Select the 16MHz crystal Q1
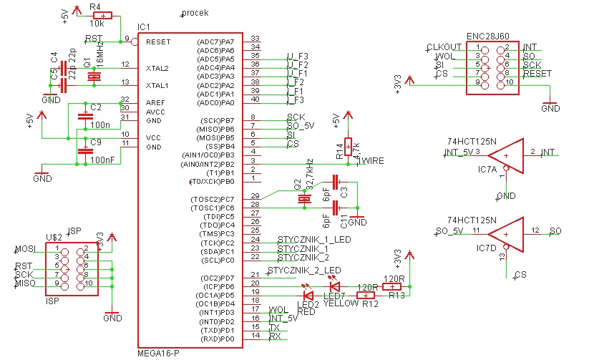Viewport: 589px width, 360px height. [x=92, y=76]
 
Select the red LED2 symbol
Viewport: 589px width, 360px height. [x=308, y=294]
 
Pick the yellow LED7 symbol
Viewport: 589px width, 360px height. [x=334, y=286]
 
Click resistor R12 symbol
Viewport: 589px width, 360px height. [x=367, y=294]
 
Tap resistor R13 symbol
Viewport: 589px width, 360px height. [x=391, y=286]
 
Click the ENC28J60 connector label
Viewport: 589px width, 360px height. [x=487, y=34]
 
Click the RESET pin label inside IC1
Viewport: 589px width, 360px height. [x=158, y=42]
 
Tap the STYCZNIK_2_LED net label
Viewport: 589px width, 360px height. [x=305, y=271]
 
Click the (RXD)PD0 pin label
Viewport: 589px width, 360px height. [x=220, y=338]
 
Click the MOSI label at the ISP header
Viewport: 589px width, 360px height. [x=24, y=249]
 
